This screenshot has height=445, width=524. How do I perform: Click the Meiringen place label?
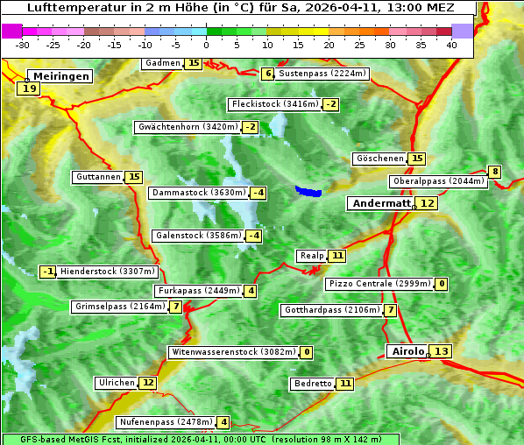(x=60, y=76)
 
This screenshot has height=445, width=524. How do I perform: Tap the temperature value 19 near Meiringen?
(x=29, y=88)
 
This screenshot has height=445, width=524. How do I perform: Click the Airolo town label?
(x=407, y=351)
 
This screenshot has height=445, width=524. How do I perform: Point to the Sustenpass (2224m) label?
(x=322, y=74)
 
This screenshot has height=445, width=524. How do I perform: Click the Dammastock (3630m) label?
(x=198, y=193)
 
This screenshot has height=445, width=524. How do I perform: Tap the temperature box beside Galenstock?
(x=254, y=236)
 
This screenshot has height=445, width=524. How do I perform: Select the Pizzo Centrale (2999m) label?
(x=379, y=284)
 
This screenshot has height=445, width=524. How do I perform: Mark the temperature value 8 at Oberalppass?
(x=495, y=172)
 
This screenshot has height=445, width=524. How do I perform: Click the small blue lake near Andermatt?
(x=308, y=191)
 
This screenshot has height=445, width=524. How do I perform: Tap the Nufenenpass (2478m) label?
(x=166, y=422)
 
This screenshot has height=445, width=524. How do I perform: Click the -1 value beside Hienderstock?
(x=48, y=272)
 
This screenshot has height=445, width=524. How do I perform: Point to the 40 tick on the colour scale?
(x=451, y=44)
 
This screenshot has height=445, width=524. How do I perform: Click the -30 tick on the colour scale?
(x=23, y=44)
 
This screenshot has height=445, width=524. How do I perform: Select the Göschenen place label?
(x=380, y=159)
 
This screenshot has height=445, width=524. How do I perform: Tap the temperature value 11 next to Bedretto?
(x=346, y=384)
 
